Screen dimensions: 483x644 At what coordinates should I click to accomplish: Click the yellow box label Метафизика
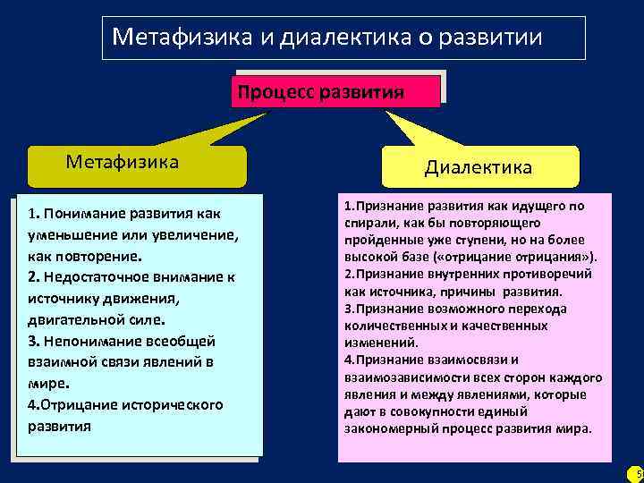pos(123,162)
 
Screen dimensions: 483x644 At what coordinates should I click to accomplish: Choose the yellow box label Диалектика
pos(478,167)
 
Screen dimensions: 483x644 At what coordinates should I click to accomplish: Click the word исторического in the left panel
pos(170,405)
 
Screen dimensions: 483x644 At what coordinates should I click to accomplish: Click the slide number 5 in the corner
pos(636,473)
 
